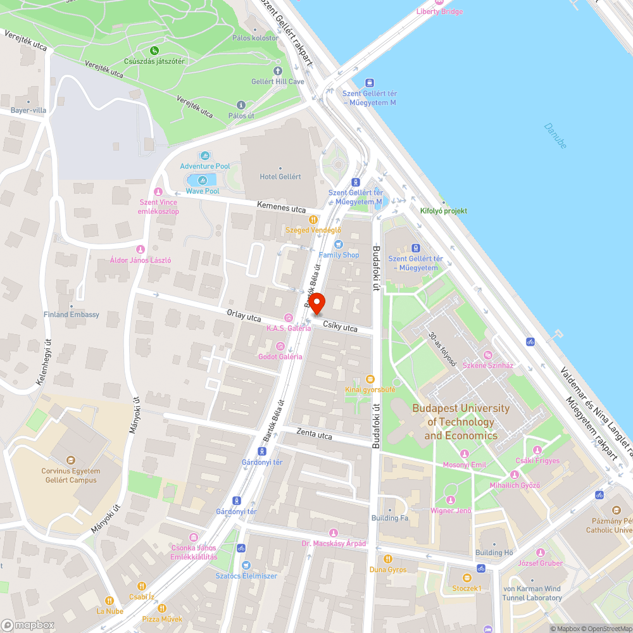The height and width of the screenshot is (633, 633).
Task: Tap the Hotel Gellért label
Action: [x=280, y=177]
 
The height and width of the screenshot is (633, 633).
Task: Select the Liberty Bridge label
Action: [x=439, y=11]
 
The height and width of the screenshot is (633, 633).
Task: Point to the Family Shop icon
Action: [x=338, y=244]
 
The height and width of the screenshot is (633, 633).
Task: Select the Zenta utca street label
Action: [x=315, y=434]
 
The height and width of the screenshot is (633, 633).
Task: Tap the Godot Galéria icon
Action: [x=280, y=346]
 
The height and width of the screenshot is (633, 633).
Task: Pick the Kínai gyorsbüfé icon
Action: [x=370, y=379]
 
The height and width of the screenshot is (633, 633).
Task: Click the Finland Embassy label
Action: [x=72, y=315]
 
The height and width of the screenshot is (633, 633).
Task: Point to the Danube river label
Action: [x=555, y=135]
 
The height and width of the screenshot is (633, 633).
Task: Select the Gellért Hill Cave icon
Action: [x=278, y=71]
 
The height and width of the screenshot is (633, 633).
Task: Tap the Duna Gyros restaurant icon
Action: [x=388, y=559]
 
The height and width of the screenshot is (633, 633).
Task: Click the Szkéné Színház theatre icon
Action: [x=487, y=355]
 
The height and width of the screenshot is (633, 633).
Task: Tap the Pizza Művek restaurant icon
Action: [x=161, y=608]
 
